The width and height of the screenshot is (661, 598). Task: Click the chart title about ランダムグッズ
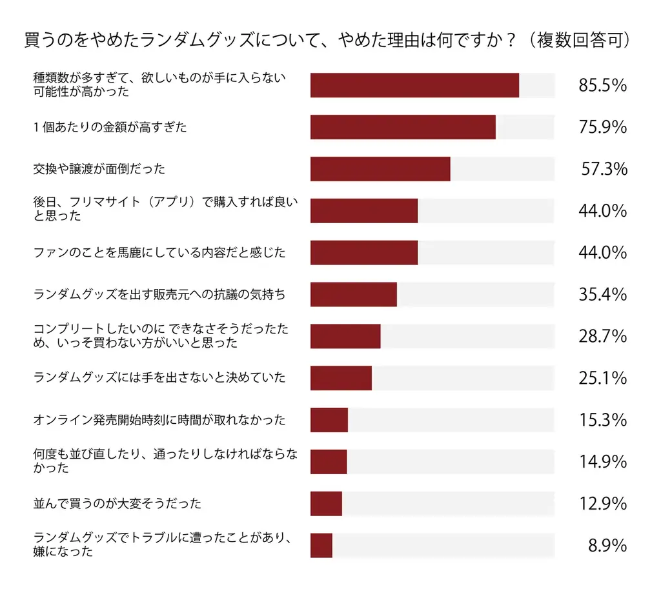coord(327,40)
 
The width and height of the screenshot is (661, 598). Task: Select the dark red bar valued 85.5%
coord(414,85)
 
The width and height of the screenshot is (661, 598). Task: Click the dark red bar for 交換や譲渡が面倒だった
coord(380,169)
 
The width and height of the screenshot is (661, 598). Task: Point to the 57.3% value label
coord(604,169)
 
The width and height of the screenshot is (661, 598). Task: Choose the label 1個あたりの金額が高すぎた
coord(110,127)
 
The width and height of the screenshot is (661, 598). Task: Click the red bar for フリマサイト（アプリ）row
coord(364,211)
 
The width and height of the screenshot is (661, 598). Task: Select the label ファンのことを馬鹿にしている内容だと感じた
coord(159,253)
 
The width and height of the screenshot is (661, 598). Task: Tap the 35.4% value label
coord(603,295)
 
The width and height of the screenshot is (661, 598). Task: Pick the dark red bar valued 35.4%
coord(353,295)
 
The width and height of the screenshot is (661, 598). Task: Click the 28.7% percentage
coord(603,337)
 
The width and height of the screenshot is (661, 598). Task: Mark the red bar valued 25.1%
coord(341,378)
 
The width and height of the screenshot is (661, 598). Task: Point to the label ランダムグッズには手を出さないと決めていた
coord(159,378)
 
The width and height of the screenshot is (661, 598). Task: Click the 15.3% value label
coord(603,420)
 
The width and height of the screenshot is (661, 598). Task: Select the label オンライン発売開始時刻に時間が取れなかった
coord(159,420)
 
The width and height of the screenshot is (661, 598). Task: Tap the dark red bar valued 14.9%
coord(329,462)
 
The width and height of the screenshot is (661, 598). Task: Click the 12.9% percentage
coord(603,504)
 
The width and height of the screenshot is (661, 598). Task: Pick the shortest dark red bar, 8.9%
coord(321,545)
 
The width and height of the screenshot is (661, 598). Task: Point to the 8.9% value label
coord(607,546)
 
